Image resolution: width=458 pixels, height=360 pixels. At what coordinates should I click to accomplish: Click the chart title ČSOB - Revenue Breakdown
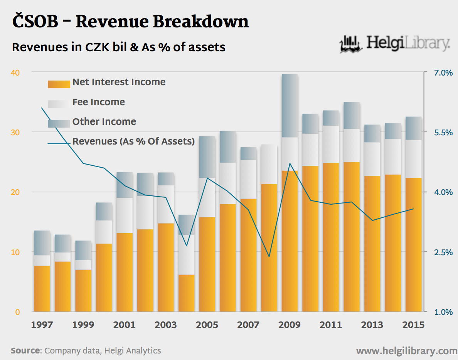[x=130, y=22]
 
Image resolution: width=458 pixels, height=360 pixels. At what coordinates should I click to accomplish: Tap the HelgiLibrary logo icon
[x=351, y=44]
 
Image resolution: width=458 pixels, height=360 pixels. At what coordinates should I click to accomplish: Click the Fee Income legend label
[x=99, y=102]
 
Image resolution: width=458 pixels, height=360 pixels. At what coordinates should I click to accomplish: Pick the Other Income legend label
[x=104, y=122]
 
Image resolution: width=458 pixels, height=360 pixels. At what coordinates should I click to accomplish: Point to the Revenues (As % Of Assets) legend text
[x=133, y=141]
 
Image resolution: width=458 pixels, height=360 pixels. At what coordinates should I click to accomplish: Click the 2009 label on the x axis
[x=289, y=325]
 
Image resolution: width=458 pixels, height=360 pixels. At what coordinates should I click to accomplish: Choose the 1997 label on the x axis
[x=42, y=325]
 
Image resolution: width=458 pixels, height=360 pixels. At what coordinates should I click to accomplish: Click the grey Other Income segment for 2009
[x=290, y=106]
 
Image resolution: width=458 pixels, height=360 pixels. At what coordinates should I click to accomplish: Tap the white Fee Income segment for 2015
[x=414, y=159]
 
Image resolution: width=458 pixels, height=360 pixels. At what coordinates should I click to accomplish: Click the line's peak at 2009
[x=290, y=163]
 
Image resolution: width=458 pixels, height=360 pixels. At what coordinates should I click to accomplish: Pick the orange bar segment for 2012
[x=352, y=237]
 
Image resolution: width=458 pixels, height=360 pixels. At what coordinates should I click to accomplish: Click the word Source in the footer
[x=25, y=351]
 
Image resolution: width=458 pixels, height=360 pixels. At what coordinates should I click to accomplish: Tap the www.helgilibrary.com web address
[x=406, y=351]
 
